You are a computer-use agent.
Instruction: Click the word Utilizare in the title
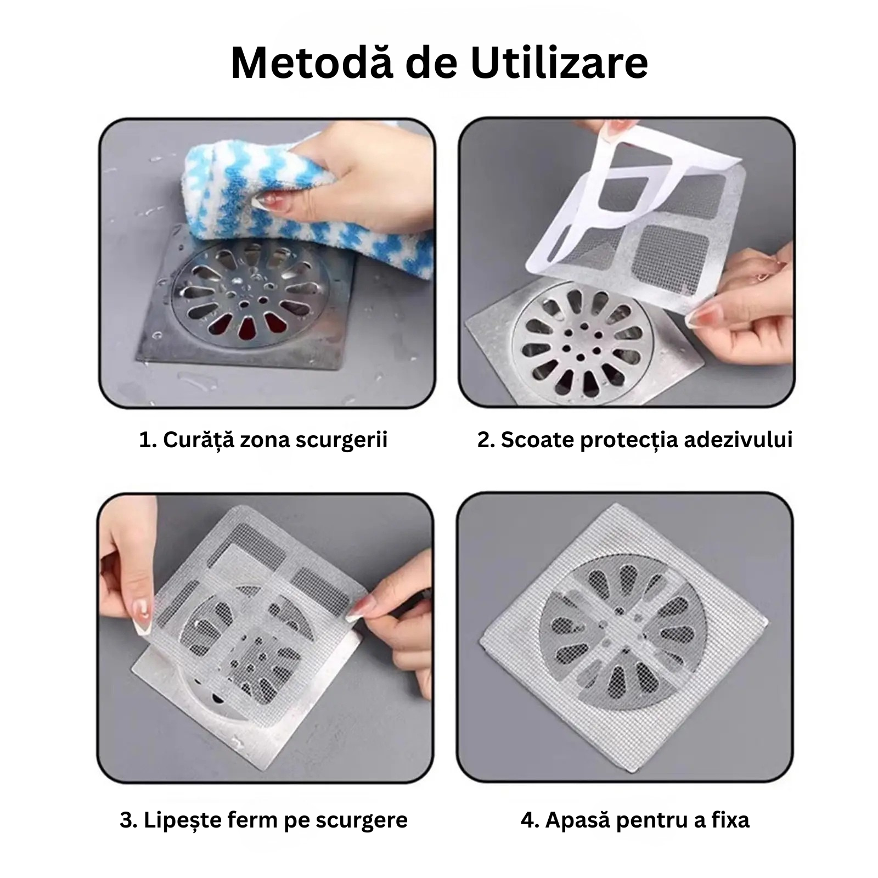click(559, 63)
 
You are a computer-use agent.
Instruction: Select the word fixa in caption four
click(730, 820)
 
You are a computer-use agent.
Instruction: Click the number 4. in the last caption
click(529, 820)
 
